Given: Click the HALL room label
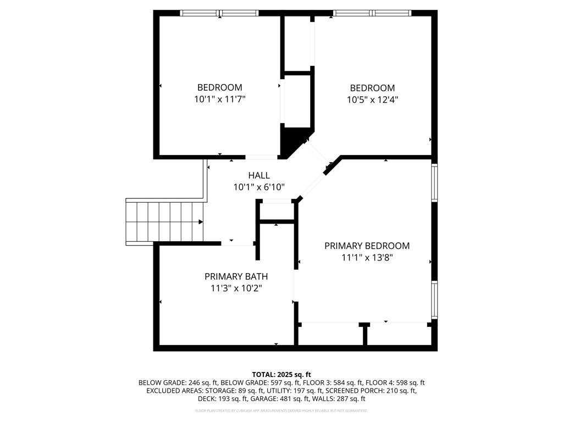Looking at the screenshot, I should click(258, 175).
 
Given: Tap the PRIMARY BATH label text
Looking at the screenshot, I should click(236, 276).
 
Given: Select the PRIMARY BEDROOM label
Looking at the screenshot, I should click(367, 246).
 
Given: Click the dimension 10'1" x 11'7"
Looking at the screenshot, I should click(219, 99).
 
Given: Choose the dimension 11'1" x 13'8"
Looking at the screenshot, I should click(367, 257).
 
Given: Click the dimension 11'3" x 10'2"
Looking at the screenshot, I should click(236, 288).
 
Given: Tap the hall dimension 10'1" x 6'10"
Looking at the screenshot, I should click(258, 187).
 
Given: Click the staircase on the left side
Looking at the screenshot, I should click(164, 222).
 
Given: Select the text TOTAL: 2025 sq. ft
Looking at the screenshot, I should click(281, 374).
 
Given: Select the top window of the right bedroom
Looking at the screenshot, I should click(373, 13).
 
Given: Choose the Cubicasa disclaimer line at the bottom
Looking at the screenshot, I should click(281, 410).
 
